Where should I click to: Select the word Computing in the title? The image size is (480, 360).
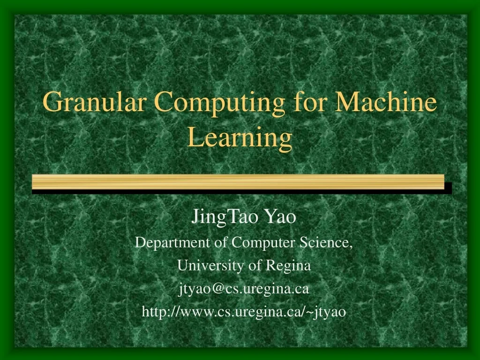pyautogui.click(x=219, y=102)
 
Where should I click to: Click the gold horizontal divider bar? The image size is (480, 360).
pyautogui.click(x=238, y=181)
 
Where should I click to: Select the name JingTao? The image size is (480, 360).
pyautogui.click(x=226, y=217)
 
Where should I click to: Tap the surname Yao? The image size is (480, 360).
pyautogui.click(x=280, y=217)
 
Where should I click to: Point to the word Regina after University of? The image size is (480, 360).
pyautogui.click(x=288, y=266)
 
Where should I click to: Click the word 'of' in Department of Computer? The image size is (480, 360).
pyautogui.click(x=218, y=242)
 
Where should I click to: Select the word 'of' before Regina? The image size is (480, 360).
pyautogui.click(x=255, y=266)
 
